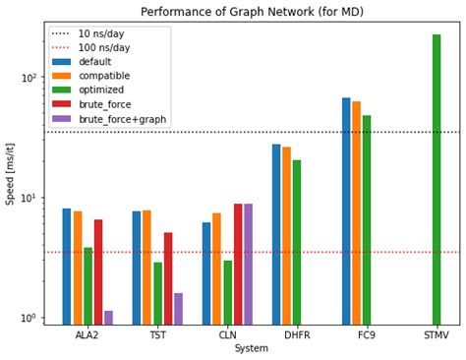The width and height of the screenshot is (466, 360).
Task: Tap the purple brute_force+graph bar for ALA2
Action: (108, 318)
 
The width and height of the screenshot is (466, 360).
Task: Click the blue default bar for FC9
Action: (346, 210)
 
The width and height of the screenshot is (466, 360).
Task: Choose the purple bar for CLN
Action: (248, 264)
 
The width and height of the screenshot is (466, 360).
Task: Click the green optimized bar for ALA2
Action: (87, 285)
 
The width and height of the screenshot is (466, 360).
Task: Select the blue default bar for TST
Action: (137, 268)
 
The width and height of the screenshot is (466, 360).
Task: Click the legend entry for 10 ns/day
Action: (99, 33)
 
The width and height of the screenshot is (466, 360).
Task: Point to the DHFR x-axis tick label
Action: (297, 335)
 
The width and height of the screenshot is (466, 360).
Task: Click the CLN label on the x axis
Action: (227, 335)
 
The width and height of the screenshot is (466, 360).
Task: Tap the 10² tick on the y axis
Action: (29, 78)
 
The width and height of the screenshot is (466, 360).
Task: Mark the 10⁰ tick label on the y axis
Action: (29, 318)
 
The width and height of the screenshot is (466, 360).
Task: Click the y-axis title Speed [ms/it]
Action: (11, 176)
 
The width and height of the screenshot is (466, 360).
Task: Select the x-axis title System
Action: (252, 348)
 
